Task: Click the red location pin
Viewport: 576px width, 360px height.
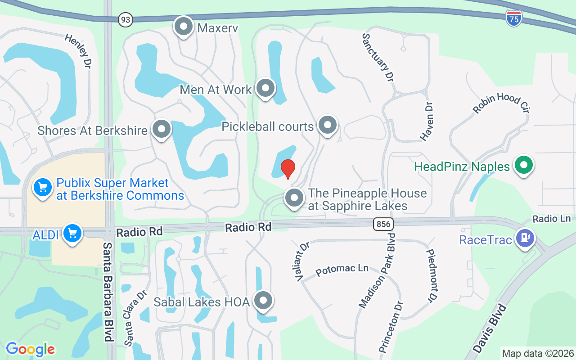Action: (288, 169)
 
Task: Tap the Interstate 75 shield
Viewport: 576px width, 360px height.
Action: (513, 18)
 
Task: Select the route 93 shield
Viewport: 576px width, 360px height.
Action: (126, 19)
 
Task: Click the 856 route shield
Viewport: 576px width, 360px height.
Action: (383, 224)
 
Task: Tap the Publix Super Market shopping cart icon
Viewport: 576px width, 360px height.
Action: (43, 187)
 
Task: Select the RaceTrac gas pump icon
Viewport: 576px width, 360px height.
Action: (525, 237)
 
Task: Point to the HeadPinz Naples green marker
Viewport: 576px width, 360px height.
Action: (523, 165)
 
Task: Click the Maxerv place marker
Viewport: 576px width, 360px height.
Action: (183, 27)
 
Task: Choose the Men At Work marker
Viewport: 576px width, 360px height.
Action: (265, 89)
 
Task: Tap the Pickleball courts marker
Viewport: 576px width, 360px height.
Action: (327, 125)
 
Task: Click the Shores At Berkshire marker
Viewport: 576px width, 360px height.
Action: (161, 130)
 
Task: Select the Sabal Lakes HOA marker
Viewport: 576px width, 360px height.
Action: (263, 301)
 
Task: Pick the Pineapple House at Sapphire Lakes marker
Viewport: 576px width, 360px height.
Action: (294, 198)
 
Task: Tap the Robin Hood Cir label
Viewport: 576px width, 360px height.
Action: (500, 104)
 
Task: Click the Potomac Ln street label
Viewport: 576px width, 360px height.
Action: (342, 270)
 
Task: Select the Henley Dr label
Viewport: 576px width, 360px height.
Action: (78, 51)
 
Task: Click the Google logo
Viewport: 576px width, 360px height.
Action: (30, 349)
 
